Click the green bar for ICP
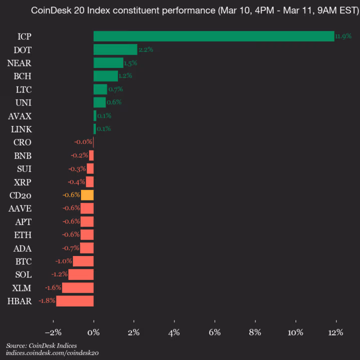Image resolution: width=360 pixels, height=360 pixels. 213,36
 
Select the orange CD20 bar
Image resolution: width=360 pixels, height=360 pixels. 87,195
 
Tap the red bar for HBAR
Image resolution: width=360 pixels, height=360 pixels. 75,301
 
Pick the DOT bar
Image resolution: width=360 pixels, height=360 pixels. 115,49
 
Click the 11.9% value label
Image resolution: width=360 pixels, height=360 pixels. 343,36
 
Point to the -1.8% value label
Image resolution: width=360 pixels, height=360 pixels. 47,301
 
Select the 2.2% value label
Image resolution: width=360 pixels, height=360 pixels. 145,49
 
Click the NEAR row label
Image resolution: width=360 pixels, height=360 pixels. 19,63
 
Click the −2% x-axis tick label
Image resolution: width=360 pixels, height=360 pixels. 53,332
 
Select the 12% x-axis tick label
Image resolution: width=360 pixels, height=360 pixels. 335,332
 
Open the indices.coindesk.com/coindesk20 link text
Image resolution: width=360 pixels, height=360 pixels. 52,353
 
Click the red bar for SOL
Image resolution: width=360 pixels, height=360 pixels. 81,274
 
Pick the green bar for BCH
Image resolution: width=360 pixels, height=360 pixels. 105,76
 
